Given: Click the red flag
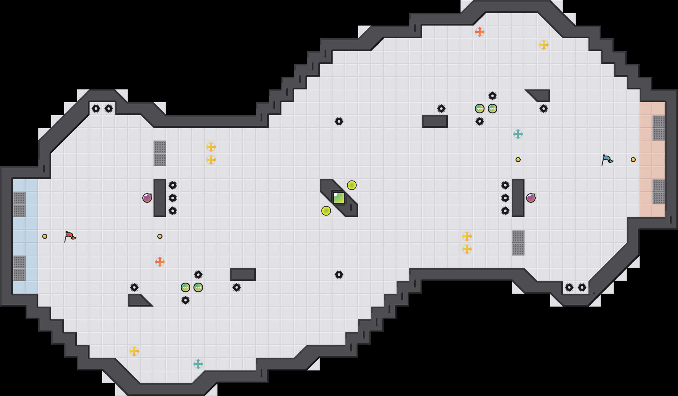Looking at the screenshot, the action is tap(70, 237).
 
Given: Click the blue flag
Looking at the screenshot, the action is tap(607, 160).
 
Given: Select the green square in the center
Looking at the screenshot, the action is tap(339, 198).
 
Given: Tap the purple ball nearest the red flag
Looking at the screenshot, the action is tap(147, 198).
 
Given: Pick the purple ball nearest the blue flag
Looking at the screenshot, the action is tap(531, 198).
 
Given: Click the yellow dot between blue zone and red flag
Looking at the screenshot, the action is tap(45, 236).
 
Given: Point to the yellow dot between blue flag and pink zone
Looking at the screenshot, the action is tap(633, 160).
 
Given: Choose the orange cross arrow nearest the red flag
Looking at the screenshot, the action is tap(160, 262).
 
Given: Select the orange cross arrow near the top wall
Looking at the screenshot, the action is tap(480, 32).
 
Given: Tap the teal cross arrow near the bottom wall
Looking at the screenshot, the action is tap(198, 364).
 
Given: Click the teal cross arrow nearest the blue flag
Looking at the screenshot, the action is tap(518, 134).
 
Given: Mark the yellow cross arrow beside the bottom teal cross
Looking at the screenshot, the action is tap(134, 351).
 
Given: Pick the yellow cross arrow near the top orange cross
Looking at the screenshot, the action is tap(544, 45).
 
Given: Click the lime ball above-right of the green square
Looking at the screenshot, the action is tap(352, 185).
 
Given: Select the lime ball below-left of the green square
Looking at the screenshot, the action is tap(326, 211).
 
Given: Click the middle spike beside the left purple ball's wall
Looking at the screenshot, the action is tap(173, 198).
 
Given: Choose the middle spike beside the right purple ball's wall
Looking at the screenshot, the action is tap(505, 198).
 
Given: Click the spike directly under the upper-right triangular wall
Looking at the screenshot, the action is tap(544, 109).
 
